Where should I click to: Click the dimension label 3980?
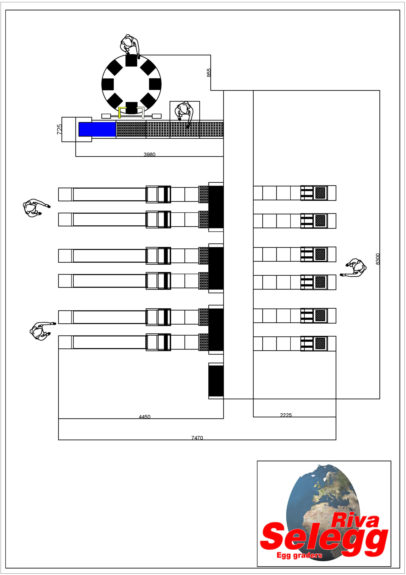[149, 154]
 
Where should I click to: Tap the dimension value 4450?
[145, 417]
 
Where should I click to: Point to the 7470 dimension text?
[197, 438]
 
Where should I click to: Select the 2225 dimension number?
[286, 415]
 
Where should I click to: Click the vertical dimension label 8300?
[378, 259]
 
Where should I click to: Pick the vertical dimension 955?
[209, 73]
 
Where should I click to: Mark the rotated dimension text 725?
[59, 129]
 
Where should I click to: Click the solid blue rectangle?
[97, 129]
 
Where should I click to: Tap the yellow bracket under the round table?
[122, 112]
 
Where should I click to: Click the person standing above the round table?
[130, 45]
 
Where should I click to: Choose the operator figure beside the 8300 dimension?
[354, 268]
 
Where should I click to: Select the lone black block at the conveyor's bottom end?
[216, 381]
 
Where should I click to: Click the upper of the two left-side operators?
[36, 208]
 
